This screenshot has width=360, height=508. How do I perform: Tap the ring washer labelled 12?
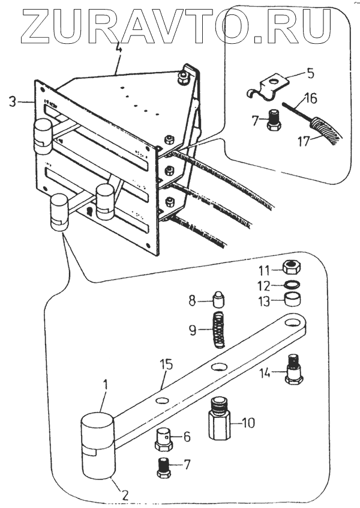pyautogui.click(x=292, y=285)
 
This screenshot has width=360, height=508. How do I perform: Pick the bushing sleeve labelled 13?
pyautogui.click(x=292, y=300)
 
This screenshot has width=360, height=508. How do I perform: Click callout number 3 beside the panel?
pyautogui.click(x=13, y=103)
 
